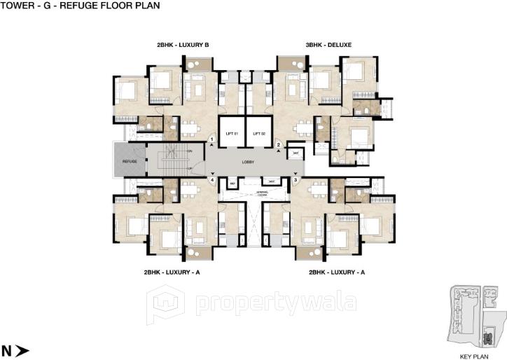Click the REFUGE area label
(129, 161)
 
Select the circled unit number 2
(279, 145)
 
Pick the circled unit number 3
(296, 180)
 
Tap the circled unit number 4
(211, 180)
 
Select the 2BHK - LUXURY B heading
(183, 45)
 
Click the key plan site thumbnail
(475, 317)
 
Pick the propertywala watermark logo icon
(165, 303)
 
